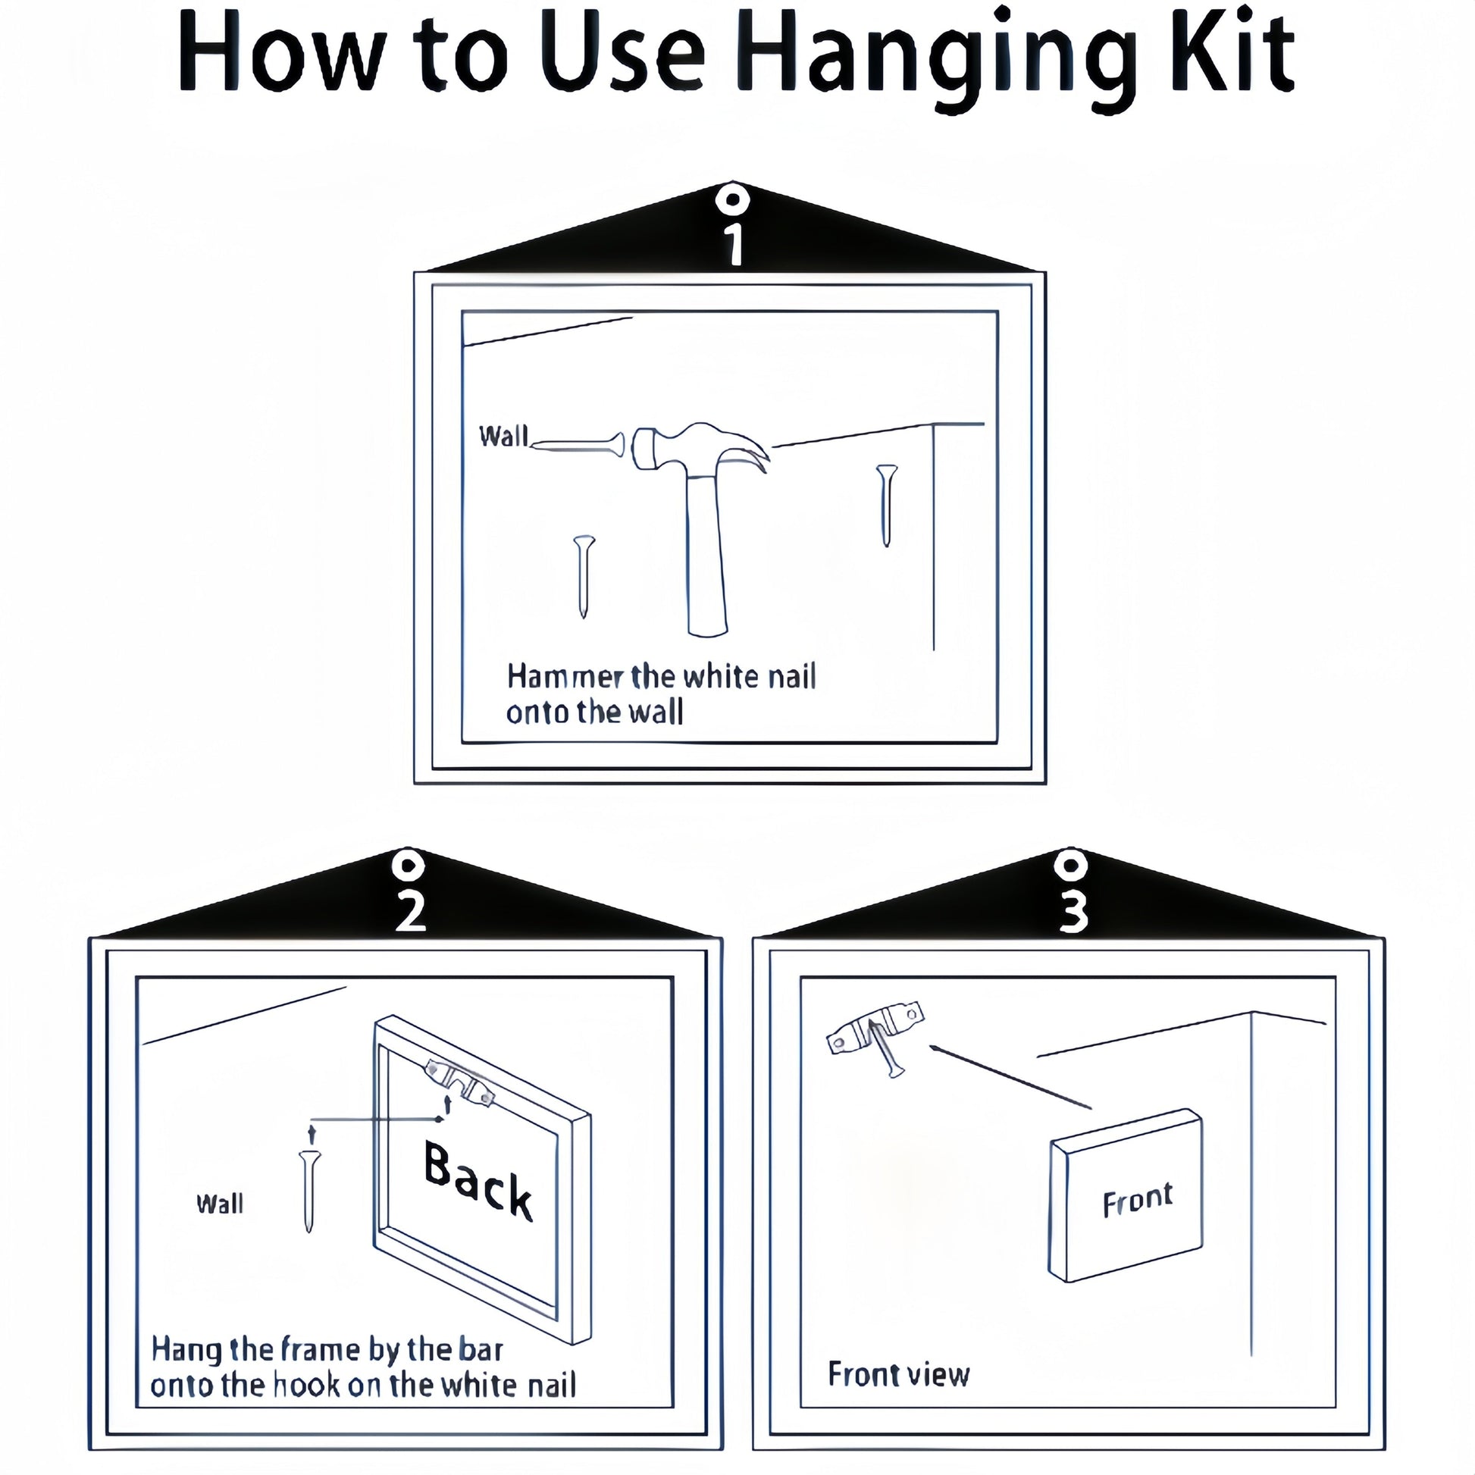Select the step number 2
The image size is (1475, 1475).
(x=410, y=911)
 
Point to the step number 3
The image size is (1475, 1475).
(x=1073, y=912)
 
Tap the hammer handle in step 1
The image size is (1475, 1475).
(x=706, y=553)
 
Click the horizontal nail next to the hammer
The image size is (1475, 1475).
(x=577, y=445)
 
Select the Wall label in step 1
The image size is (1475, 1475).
(x=504, y=436)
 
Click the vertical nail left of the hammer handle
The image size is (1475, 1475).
(x=584, y=576)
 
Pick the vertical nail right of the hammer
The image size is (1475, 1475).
(x=886, y=505)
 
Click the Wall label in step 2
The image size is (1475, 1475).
(x=220, y=1204)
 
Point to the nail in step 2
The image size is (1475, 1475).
(x=310, y=1191)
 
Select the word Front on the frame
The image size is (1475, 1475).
(x=1138, y=1199)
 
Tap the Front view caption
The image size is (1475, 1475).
(x=899, y=1374)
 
